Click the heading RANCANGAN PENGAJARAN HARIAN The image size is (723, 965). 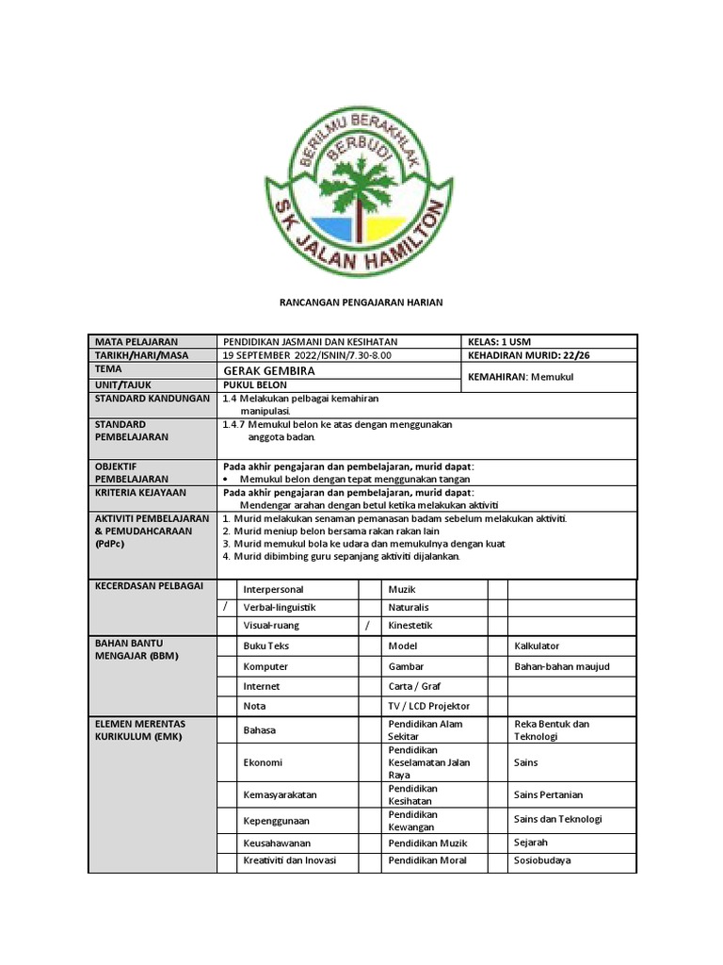click(361, 302)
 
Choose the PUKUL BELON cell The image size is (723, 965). click(255, 385)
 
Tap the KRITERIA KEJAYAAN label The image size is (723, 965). click(140, 492)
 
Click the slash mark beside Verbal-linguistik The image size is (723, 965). click(225, 607)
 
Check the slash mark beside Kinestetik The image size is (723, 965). click(368, 626)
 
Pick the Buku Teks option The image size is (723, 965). click(265, 646)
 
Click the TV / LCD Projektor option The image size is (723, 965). click(428, 706)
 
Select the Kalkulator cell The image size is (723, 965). click(537, 646)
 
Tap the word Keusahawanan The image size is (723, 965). click(277, 843)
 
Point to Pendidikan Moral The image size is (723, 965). click(426, 860)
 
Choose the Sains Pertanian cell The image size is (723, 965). click(549, 794)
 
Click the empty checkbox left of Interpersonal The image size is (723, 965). click(227, 588)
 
